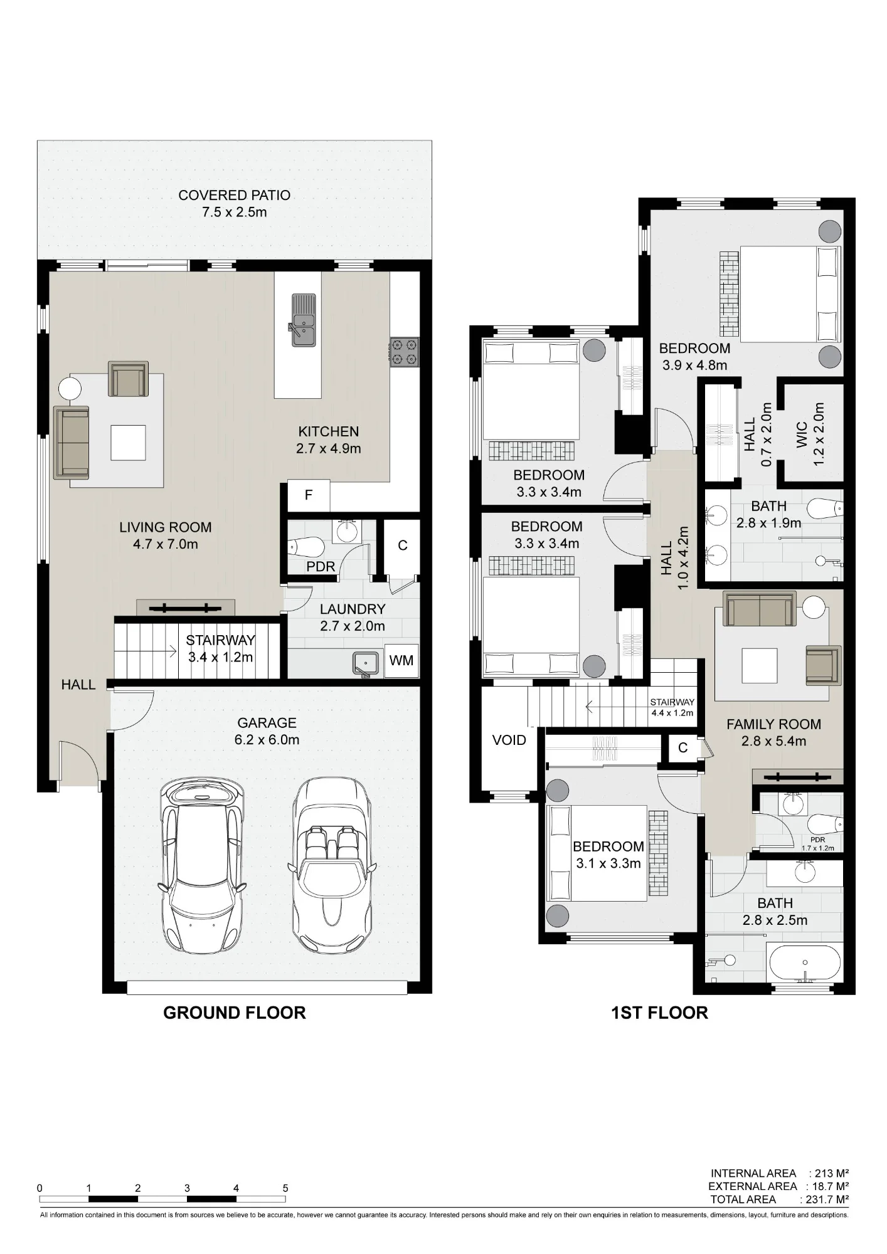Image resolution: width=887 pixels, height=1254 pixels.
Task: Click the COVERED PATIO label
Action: point(234,195)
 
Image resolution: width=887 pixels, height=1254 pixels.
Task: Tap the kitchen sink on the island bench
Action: point(303,320)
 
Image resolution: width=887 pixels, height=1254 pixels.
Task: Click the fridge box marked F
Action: point(309,495)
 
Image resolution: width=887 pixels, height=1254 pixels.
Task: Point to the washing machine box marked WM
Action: point(401,660)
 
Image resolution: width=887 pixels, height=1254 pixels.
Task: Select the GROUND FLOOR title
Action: point(234,1013)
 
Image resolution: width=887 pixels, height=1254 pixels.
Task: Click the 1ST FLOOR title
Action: point(659,1013)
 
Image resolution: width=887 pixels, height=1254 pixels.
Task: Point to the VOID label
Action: point(509,740)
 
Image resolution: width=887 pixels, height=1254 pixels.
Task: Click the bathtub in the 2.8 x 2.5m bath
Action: point(805,962)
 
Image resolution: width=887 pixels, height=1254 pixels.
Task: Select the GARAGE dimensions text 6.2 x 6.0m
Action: point(267,740)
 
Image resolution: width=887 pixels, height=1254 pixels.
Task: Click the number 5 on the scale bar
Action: point(285,1188)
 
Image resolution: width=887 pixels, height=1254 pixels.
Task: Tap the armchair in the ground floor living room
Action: point(128,379)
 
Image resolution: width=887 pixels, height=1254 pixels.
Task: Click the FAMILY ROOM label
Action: point(773,724)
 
